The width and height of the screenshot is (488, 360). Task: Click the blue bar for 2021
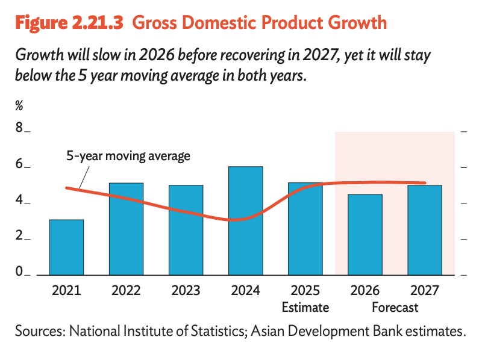coord(67,247)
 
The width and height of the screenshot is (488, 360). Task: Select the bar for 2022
coord(127,229)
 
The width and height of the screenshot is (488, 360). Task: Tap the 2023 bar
coord(186,230)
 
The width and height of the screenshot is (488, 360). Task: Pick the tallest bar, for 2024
coord(246,221)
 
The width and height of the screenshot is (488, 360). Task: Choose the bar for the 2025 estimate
coord(305,229)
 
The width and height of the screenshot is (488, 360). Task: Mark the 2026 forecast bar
coord(365,235)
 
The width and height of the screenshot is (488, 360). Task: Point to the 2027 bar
coord(425,231)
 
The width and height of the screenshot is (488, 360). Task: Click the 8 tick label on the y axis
coord(19,128)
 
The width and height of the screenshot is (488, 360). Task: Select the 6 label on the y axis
coord(19,164)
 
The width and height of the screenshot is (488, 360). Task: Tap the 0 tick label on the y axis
coord(19,271)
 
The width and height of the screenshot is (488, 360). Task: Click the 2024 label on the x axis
coord(246,291)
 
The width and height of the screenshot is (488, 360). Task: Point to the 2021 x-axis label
coord(66,291)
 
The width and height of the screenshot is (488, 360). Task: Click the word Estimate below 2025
coord(305,308)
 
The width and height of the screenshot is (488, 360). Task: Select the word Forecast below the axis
coord(395,308)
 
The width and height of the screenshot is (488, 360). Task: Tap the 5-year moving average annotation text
coord(128,156)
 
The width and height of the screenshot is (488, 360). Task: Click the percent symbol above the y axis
coord(19,106)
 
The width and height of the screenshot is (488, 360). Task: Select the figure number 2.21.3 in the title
coord(98,23)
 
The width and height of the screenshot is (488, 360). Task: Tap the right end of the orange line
coord(425,183)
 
